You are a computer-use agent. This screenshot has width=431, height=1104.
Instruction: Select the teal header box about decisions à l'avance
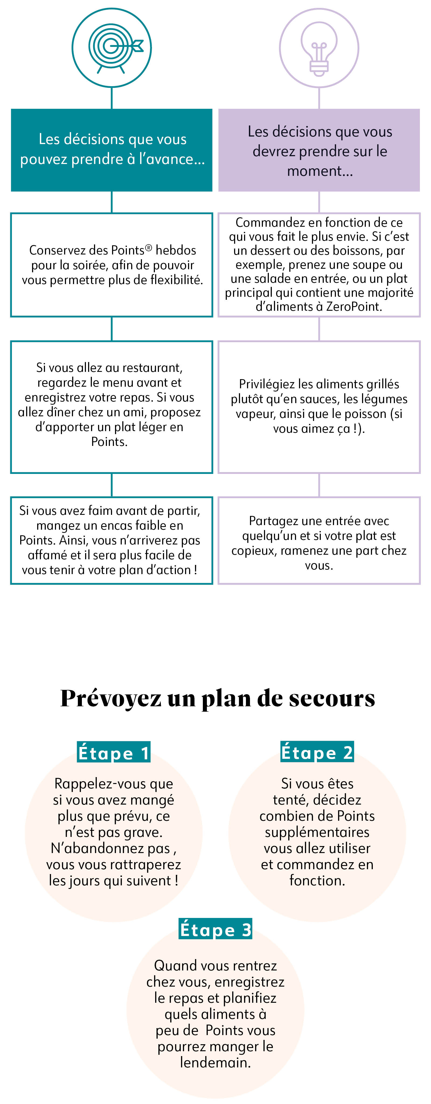tap(112, 150)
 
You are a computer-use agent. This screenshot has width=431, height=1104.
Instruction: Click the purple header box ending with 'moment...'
tap(319, 150)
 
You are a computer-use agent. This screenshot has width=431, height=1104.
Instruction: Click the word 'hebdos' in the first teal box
tap(176, 250)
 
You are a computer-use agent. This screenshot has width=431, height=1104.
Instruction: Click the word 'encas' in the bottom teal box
tap(125, 525)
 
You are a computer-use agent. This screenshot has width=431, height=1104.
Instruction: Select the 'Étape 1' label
tap(114, 753)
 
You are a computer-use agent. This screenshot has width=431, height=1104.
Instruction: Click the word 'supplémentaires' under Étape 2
tap(317, 832)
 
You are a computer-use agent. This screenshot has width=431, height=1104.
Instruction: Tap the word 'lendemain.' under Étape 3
tap(215, 1063)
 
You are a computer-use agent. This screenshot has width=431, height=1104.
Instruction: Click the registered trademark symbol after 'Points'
tap(148, 247)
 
